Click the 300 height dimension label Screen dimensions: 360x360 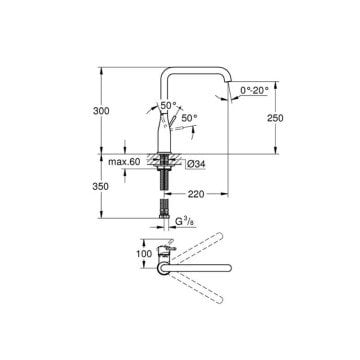pyautogui.click(x=101, y=111)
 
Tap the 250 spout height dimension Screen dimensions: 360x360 pyautogui.click(x=275, y=118)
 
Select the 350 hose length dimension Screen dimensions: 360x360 pyautogui.click(x=101, y=187)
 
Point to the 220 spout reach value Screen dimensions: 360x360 pyautogui.click(x=196, y=194)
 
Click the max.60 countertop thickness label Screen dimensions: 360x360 pyautogui.click(x=124, y=162)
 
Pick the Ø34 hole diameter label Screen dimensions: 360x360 pyautogui.click(x=196, y=164)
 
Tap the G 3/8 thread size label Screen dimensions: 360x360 pyautogui.click(x=185, y=222)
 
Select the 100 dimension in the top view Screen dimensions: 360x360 pyautogui.click(x=144, y=254)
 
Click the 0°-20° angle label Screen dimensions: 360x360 pyautogui.click(x=254, y=90)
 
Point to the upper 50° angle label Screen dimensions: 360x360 pyautogui.click(x=168, y=105)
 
